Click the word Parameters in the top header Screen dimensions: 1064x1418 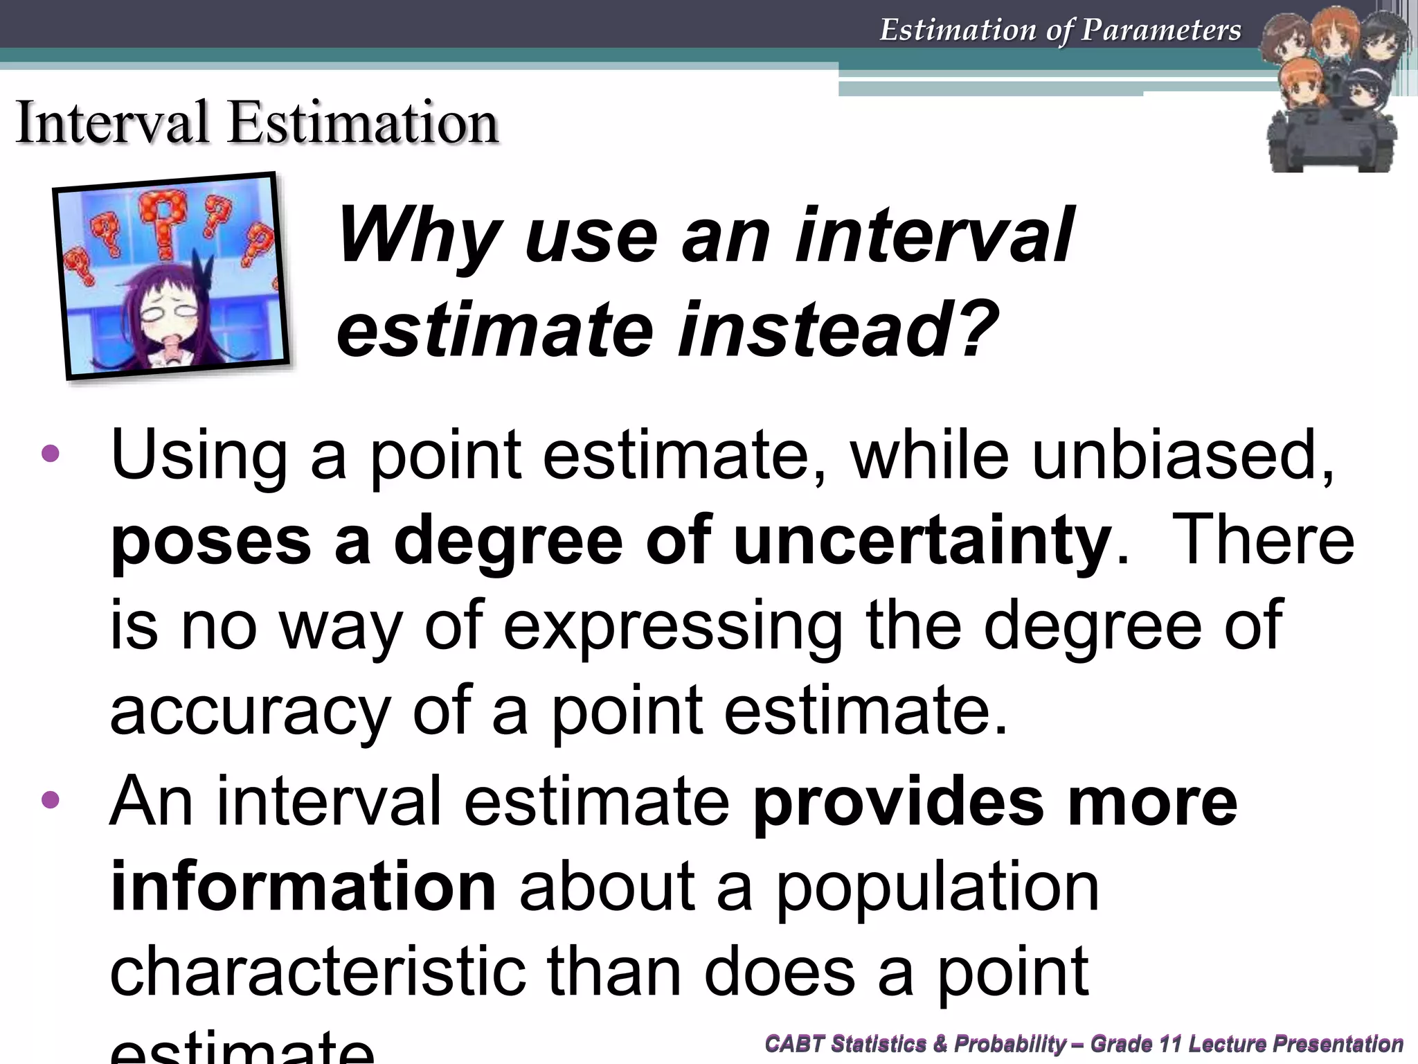(1161, 30)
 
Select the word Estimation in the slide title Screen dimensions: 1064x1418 (364, 123)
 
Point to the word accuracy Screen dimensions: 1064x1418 (250, 711)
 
